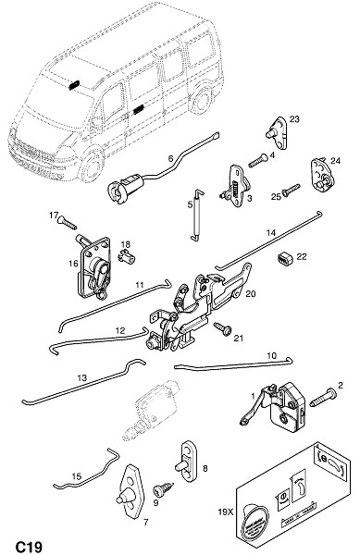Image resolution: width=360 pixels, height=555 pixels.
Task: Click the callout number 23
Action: [x=294, y=119]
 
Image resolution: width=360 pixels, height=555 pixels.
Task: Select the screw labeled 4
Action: [x=258, y=160]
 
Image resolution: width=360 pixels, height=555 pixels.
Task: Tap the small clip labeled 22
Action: [x=284, y=259]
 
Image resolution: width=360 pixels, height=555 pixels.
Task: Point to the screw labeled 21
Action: [x=223, y=328]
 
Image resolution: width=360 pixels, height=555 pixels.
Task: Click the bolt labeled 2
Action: [x=323, y=398]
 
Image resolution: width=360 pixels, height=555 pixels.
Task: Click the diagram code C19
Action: [x=29, y=547]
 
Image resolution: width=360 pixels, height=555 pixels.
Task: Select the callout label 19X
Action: [x=225, y=512]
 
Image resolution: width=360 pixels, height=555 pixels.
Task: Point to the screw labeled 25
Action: [x=292, y=190]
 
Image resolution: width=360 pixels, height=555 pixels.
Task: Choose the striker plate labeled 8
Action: [x=188, y=461]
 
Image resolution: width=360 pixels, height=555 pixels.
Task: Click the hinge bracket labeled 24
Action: [x=322, y=176]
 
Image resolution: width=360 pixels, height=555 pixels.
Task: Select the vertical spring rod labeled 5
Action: [x=197, y=216]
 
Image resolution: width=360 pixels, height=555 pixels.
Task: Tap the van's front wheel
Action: [x=91, y=166]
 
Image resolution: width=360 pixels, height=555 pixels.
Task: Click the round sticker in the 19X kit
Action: [x=254, y=518]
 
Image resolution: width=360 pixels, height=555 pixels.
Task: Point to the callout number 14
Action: [x=270, y=233]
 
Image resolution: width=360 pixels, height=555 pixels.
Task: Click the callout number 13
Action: [x=81, y=377]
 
